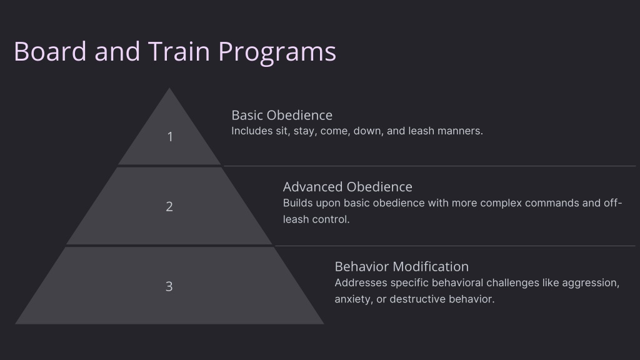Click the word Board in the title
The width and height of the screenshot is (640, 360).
(x=50, y=51)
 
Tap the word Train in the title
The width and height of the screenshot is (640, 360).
(x=179, y=51)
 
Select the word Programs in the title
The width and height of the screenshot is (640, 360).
(x=277, y=53)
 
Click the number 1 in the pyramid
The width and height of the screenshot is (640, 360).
(x=170, y=137)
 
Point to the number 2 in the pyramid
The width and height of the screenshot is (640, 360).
(x=169, y=206)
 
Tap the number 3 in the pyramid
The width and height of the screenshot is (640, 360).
(x=169, y=286)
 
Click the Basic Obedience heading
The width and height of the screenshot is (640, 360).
(x=282, y=115)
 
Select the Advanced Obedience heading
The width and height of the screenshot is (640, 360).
(x=347, y=187)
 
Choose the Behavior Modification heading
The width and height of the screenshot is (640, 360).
(x=402, y=266)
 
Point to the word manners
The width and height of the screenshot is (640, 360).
(x=460, y=131)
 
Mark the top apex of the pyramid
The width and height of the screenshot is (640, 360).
(x=169, y=87)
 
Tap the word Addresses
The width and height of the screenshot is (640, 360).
(x=361, y=283)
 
